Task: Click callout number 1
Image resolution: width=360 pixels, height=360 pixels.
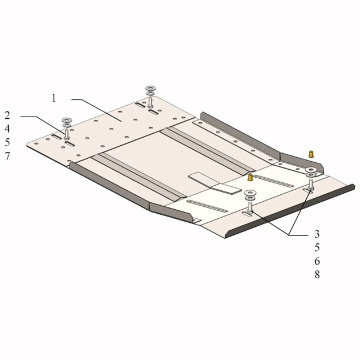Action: (54, 98)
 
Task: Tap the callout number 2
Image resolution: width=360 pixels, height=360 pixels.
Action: (7, 115)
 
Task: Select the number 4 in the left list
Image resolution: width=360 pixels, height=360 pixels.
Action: (7, 129)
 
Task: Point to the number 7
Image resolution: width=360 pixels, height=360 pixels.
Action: (7, 156)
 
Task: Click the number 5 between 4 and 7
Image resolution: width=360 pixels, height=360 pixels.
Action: (7, 142)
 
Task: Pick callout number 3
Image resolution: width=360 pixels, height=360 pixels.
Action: (317, 234)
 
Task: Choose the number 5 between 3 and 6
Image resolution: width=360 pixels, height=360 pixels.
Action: (317, 247)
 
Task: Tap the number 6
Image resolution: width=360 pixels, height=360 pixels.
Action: (317, 261)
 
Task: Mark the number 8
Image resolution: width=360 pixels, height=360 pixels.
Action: (317, 274)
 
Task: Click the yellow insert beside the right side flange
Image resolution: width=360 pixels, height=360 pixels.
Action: (311, 154)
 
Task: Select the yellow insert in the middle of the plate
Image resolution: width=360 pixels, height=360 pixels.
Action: (250, 177)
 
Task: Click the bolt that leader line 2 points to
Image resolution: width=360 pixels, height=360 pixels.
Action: (67, 134)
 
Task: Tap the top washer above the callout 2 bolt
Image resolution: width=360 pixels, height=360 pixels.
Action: (67, 120)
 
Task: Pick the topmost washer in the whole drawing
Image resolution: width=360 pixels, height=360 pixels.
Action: (151, 88)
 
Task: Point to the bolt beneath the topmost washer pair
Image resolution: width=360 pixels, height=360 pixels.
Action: (150, 102)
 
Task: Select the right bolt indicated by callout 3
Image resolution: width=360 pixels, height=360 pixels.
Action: (311, 185)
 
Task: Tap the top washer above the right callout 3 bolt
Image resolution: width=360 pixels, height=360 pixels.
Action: (311, 170)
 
